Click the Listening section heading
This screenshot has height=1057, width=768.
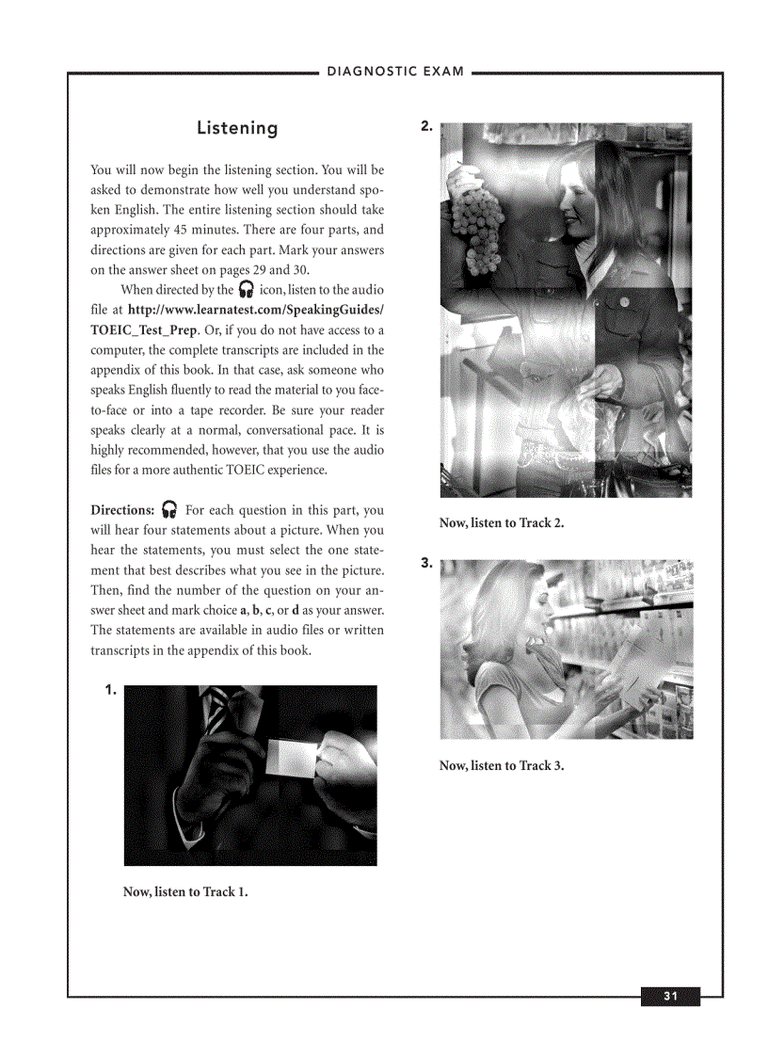[x=237, y=128]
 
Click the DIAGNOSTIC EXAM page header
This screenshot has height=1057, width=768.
[x=395, y=72]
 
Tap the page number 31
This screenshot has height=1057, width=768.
[x=670, y=997]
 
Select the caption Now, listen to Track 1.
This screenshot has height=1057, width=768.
[x=185, y=891]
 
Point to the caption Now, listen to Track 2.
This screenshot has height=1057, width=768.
[x=502, y=522]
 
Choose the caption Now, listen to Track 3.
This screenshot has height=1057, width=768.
[x=502, y=765]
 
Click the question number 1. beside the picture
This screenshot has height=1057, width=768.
[x=111, y=690]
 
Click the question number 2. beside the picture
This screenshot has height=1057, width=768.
[x=427, y=126]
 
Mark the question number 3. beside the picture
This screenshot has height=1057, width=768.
[x=427, y=564]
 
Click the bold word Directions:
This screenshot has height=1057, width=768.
[x=122, y=510]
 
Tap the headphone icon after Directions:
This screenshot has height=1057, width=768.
[x=170, y=510]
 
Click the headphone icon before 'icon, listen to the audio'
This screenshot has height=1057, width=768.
[x=246, y=290]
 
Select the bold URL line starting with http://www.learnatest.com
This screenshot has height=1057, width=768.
[x=255, y=310]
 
